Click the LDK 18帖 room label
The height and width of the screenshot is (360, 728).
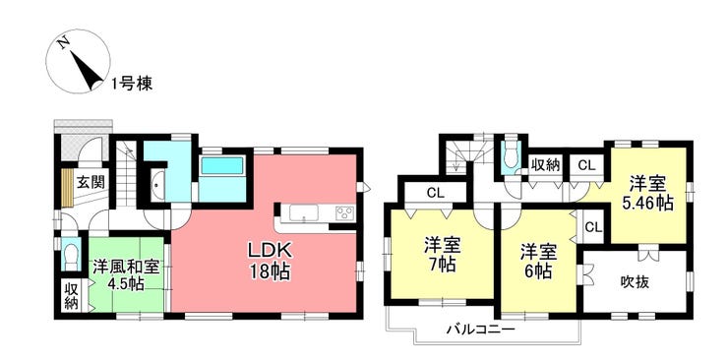(269, 262)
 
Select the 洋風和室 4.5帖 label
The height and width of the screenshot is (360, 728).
(125, 275)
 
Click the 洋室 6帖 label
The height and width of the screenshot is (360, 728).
(538, 262)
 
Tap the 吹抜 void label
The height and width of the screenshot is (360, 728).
(635, 281)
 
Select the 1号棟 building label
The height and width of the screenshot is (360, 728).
(132, 84)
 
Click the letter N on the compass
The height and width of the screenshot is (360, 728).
(64, 42)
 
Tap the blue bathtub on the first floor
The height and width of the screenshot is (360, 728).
(222, 165)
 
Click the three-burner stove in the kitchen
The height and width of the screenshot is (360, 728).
(345, 212)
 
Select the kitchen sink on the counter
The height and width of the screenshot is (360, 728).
(304, 213)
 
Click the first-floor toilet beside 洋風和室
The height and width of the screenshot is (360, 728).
(71, 254)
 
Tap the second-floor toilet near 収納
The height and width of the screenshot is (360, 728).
(512, 156)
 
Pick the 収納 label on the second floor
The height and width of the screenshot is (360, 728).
(546, 165)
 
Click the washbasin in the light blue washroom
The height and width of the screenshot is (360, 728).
(157, 185)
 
